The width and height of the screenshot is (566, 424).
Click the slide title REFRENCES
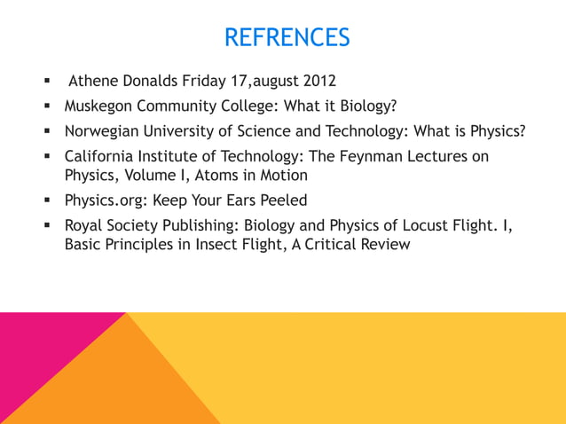(x=287, y=38)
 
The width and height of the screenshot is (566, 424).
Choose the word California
(x=98, y=157)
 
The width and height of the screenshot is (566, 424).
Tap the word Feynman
(x=369, y=157)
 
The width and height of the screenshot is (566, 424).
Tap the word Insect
(x=225, y=244)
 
